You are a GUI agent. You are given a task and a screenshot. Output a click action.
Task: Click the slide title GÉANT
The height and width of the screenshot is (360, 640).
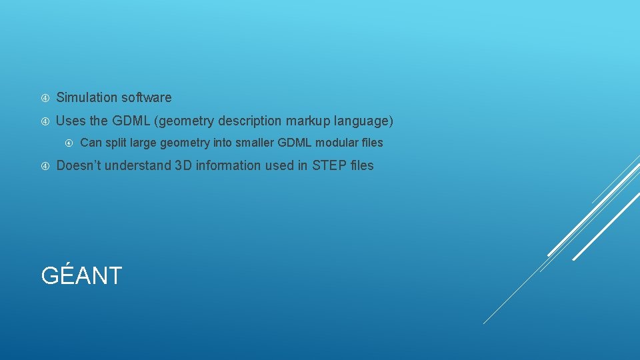click(x=81, y=275)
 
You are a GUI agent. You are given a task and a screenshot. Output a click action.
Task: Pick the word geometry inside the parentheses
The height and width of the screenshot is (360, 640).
click(x=186, y=121)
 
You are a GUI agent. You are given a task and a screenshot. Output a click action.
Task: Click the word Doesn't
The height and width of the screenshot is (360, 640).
click(x=80, y=165)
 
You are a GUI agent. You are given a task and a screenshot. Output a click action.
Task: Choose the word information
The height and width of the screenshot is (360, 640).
click(x=228, y=165)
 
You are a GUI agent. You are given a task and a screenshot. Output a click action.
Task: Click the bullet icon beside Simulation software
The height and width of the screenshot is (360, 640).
click(x=45, y=98)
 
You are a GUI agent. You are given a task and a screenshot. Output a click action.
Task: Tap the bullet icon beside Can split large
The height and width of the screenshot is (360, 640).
click(x=69, y=143)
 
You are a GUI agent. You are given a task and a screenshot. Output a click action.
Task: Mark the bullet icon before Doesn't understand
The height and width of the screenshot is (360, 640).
click(x=45, y=166)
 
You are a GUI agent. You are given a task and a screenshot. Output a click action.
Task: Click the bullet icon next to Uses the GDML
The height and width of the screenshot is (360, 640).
click(x=45, y=121)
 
